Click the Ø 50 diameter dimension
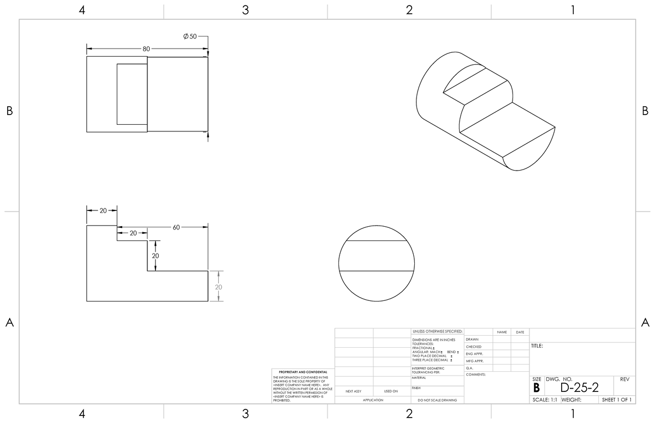[190, 36]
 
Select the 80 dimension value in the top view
[146, 49]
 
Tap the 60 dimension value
[176, 227]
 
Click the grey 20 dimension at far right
[218, 287]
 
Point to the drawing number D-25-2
[579, 388]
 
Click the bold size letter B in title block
[537, 388]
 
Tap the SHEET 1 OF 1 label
[616, 400]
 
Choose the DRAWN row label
[472, 340]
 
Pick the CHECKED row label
[473, 347]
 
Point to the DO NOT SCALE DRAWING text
[437, 400]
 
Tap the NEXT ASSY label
[354, 391]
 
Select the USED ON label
[391, 391]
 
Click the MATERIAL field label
[419, 377]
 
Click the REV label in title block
[625, 379]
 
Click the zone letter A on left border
[9, 323]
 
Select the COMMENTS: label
[475, 374]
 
